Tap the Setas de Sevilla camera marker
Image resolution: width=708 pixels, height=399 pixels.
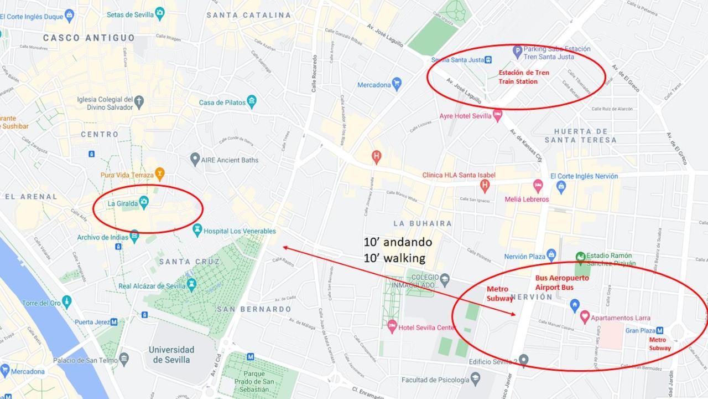click(x=160, y=14)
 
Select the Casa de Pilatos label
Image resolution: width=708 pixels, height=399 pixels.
click(x=222, y=103)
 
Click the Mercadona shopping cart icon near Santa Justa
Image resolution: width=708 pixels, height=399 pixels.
click(x=396, y=84)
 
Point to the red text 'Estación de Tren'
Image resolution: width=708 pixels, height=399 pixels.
click(x=524, y=73)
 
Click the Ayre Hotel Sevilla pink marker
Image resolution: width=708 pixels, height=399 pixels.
click(x=497, y=116)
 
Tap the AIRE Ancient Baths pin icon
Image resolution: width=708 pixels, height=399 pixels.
click(x=195, y=160)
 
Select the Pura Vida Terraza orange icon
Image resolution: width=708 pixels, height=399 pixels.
click(x=159, y=175)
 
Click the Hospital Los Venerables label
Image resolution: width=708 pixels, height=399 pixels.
click(x=240, y=231)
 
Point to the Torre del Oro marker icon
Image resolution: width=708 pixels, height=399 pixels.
click(x=66, y=303)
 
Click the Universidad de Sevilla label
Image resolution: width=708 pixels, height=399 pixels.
click(x=171, y=355)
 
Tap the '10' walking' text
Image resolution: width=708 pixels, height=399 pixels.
click(x=394, y=258)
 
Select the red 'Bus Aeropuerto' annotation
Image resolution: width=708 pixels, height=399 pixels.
click(x=562, y=278)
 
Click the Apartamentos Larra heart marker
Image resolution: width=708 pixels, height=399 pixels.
click(x=585, y=318)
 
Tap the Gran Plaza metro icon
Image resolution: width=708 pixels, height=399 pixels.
click(x=659, y=331)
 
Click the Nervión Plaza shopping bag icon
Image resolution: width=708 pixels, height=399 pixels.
click(x=551, y=255)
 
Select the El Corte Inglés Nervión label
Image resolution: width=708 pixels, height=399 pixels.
click(x=592, y=176)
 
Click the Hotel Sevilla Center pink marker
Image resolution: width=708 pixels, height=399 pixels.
click(x=392, y=326)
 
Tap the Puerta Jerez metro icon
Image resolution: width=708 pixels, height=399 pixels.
click(x=114, y=322)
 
